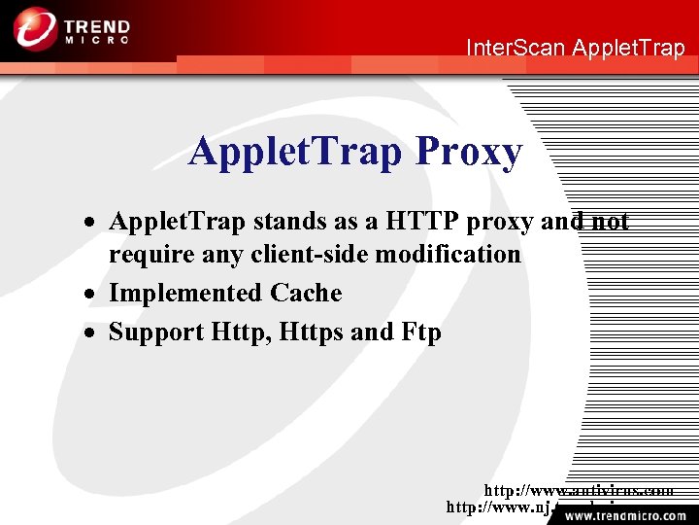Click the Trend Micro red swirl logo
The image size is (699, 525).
click(x=35, y=28)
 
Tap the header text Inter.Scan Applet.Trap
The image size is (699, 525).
click(x=575, y=47)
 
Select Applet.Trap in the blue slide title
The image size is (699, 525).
click(x=296, y=152)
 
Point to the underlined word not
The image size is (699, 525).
click(x=610, y=222)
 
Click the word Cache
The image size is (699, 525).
click(x=306, y=294)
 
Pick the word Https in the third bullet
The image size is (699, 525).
click(x=311, y=332)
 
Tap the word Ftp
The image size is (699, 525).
click(x=420, y=332)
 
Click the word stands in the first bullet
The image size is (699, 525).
click(x=289, y=222)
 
